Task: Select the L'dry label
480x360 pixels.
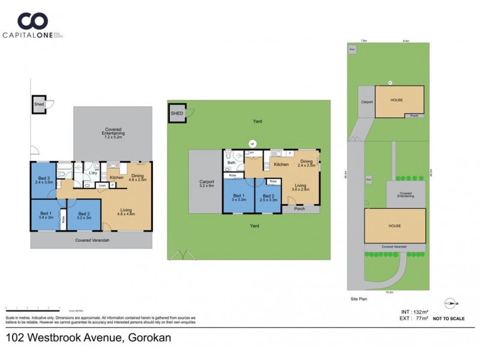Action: click(93, 173)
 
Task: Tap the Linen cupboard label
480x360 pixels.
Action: click(102, 186)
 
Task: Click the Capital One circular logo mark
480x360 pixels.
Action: click(32, 21)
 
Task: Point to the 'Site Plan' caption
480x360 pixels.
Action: click(359, 298)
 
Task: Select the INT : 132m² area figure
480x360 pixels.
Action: click(414, 311)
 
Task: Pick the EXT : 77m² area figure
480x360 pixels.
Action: click(414, 319)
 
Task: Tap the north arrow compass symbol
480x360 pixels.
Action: click(451, 304)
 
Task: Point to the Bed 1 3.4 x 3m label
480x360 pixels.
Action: click(46, 215)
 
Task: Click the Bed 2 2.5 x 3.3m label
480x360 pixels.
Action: click(268, 198)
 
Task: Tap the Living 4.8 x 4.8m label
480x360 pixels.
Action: click(125, 211)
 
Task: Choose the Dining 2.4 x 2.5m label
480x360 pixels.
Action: click(306, 163)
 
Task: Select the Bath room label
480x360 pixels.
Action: click(231, 163)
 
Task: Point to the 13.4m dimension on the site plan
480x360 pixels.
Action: click(389, 292)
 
